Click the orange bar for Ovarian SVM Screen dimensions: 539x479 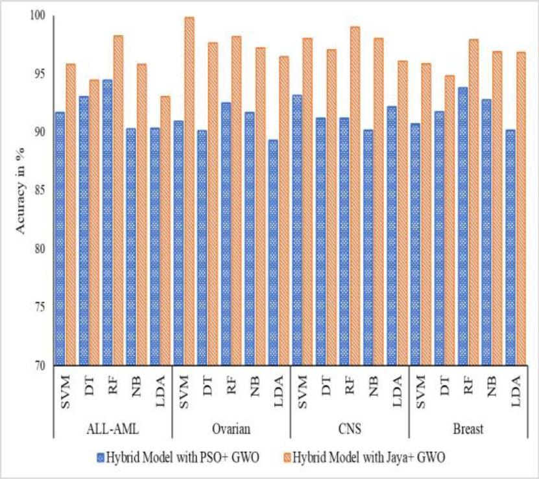[x=189, y=191]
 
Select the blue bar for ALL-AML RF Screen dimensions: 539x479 [x=107, y=222]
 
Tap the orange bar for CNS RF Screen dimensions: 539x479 [x=355, y=195]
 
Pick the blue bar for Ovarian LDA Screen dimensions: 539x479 [x=273, y=252]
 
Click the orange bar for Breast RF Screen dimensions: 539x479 [x=474, y=202]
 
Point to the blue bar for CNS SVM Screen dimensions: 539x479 [x=297, y=230]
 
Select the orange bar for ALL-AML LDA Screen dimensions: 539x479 [x=165, y=230]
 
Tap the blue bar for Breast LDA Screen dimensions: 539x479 [x=510, y=247]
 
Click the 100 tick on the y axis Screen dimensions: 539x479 [x=39, y=16]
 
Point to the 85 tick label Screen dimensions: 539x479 [x=40, y=190]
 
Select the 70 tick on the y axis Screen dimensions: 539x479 [x=40, y=366]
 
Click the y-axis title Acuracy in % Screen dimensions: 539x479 [x=21, y=191]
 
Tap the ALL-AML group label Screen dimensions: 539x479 [x=113, y=429]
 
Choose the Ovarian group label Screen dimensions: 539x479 [x=232, y=429]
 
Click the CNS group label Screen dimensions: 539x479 [x=350, y=429]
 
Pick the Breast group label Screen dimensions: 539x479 [x=468, y=429]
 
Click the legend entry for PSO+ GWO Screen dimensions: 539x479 [x=178, y=458]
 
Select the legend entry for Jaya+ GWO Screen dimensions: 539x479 [x=365, y=458]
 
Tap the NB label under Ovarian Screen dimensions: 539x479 [x=255, y=386]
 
